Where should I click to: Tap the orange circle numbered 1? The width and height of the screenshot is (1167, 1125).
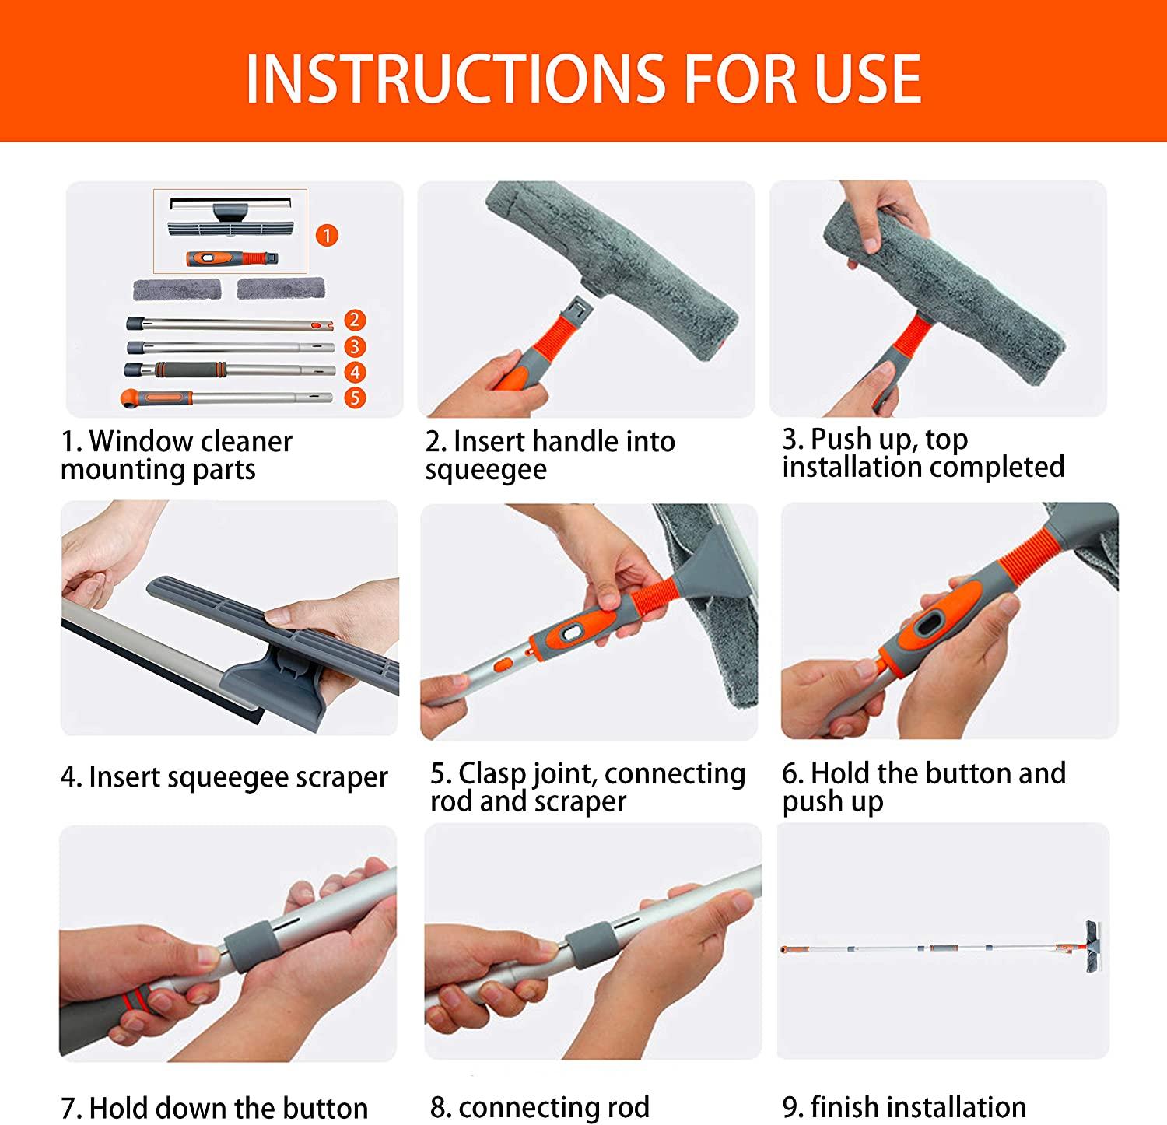click(327, 235)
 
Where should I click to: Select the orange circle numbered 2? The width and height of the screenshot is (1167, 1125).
click(355, 320)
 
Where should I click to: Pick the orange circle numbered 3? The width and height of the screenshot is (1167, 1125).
click(355, 346)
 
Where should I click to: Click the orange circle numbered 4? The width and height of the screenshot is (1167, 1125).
click(355, 372)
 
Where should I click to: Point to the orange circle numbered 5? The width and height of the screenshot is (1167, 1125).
click(355, 398)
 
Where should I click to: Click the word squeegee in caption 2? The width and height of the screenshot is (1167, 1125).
click(485, 471)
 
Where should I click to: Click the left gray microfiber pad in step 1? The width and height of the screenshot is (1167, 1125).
click(177, 289)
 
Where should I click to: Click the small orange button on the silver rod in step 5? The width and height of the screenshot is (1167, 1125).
click(503, 665)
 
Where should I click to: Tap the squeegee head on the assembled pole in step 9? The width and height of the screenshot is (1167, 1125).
click(1092, 948)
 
